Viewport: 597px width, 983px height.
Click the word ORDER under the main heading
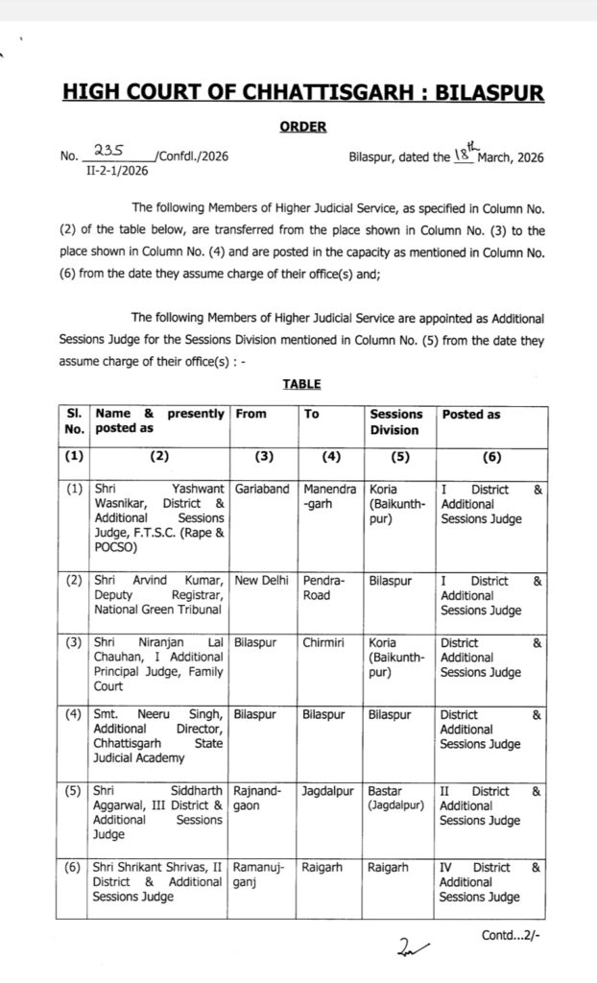pos(302,126)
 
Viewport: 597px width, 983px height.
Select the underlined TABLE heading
pos(301,384)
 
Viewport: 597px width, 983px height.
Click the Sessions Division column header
pos(396,422)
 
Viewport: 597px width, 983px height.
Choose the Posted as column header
pos(471,415)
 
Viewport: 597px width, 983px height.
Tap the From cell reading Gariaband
pos(260,489)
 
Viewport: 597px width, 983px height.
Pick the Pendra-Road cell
pos(318,587)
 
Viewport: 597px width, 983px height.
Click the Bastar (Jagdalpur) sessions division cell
pos(396,799)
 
